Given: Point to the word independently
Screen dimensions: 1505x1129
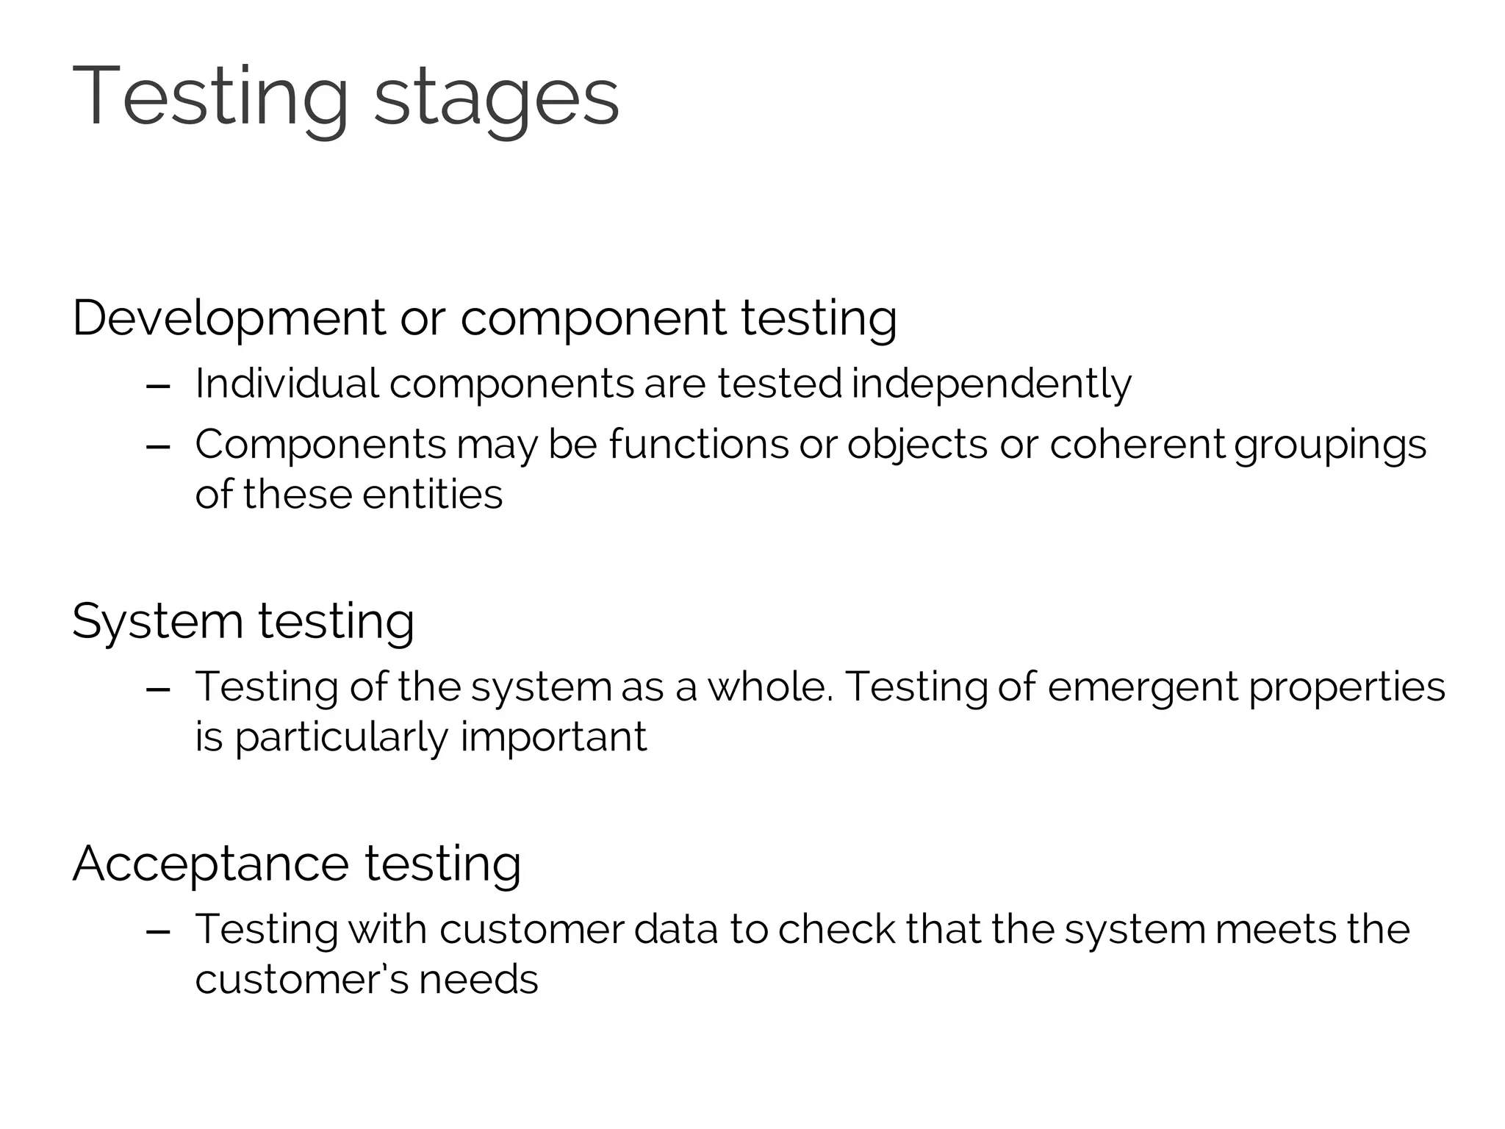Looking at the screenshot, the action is click(x=991, y=384).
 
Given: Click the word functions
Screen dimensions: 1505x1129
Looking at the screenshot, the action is click(x=698, y=444).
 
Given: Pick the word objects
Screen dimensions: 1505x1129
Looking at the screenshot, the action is click(x=916, y=445).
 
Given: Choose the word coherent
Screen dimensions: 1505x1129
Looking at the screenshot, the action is click(x=1137, y=444).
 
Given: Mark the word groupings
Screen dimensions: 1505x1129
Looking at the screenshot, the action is click(x=1330, y=445).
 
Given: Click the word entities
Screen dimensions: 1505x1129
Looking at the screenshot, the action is click(x=432, y=494).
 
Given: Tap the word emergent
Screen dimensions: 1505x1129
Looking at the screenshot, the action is click(x=1143, y=688).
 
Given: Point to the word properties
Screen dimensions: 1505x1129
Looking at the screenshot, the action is click(x=1347, y=688).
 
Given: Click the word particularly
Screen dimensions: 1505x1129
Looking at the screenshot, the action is click(x=340, y=738).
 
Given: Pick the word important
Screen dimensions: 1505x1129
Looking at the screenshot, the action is click(x=553, y=738).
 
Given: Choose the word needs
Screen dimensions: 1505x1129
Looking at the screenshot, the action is click(x=478, y=979).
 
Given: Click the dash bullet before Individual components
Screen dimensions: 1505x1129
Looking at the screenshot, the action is click(x=159, y=385).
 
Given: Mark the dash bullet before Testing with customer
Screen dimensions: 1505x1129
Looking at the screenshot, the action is click(x=159, y=931).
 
